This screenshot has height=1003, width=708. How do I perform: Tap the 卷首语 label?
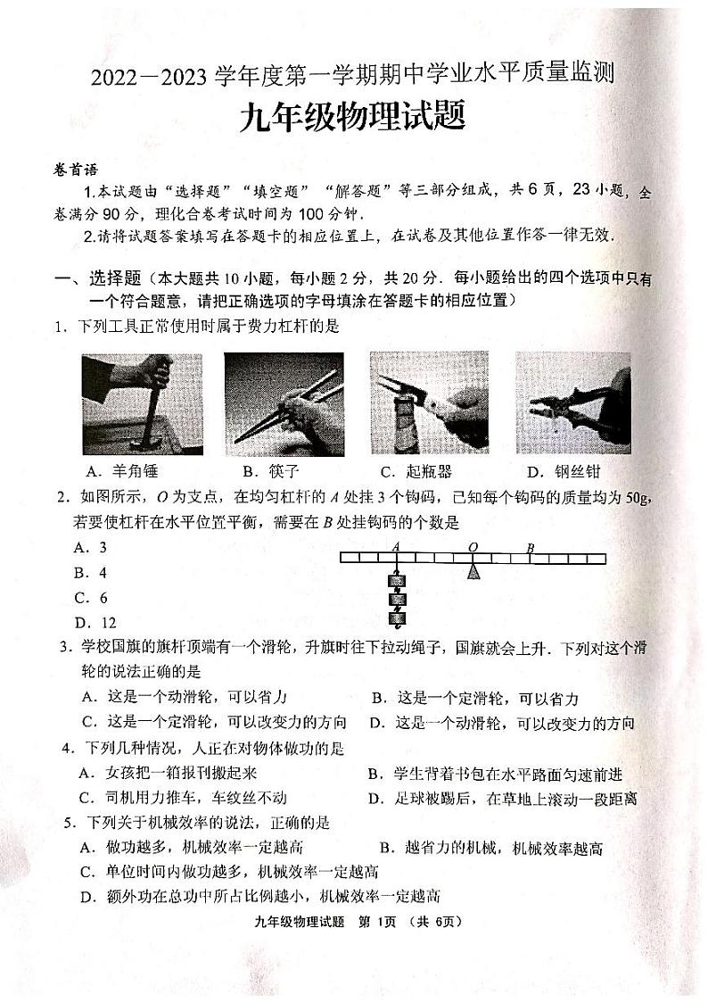pos(75,170)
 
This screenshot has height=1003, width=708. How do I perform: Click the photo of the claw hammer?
pos(142,403)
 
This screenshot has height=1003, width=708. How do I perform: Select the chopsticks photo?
pos(284,403)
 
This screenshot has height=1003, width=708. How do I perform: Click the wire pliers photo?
pos(572,403)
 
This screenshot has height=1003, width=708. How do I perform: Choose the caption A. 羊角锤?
pos(120,471)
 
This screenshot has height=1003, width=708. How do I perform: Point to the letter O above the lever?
pos(473,547)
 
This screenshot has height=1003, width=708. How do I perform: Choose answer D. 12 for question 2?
pos(95,623)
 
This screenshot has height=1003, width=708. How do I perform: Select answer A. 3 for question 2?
pos(91,548)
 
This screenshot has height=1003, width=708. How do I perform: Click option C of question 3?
pos(214,722)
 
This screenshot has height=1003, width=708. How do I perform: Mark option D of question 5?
pos(259,896)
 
